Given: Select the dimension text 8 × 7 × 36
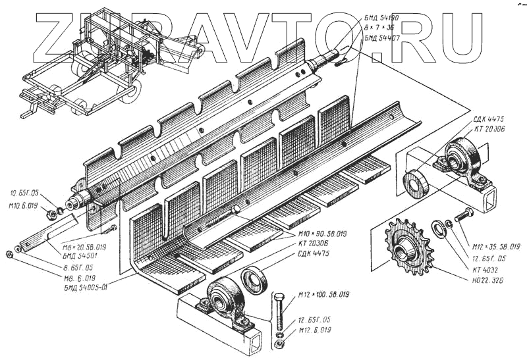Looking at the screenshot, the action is (x=380, y=26).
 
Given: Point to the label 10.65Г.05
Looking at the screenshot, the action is (x=25, y=193).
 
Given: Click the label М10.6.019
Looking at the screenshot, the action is (x=24, y=205).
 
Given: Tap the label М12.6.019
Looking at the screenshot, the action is (x=315, y=329).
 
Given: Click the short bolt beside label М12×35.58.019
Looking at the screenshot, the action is (x=464, y=215).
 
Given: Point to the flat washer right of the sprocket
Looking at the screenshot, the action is (x=437, y=230).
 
